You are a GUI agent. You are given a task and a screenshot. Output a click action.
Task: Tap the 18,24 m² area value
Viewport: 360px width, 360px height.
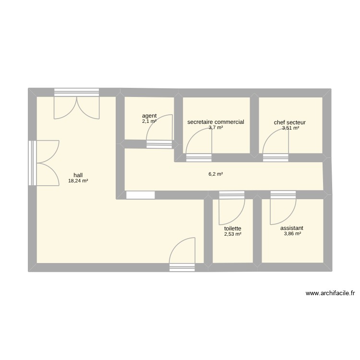[x=78, y=181]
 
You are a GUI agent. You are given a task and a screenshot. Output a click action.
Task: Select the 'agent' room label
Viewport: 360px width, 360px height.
[x=149, y=116]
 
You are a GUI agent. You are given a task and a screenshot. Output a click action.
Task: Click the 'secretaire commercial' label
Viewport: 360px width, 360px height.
[x=216, y=122]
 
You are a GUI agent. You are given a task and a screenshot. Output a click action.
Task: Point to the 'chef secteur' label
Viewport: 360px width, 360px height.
[x=290, y=122]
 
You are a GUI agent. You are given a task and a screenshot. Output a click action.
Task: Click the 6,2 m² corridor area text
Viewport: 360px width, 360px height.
[x=216, y=174]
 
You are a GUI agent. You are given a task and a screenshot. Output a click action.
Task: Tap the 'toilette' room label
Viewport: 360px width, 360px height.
[x=232, y=228]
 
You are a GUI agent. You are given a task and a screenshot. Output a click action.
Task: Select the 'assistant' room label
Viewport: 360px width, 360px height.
[x=292, y=228]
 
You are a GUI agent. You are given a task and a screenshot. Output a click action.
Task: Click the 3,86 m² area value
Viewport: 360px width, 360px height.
[x=292, y=234]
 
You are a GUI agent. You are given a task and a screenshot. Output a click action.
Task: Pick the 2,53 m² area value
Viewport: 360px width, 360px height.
[x=232, y=235]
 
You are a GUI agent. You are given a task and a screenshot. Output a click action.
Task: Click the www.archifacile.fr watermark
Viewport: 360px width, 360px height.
[x=330, y=293]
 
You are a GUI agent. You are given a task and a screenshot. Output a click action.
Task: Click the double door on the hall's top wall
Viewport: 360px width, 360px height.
[x=77, y=106]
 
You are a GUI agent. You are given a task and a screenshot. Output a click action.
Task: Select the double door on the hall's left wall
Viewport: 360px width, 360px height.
[x=46, y=163]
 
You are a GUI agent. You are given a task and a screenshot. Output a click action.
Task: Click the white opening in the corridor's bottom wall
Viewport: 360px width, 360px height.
[x=140, y=195]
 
